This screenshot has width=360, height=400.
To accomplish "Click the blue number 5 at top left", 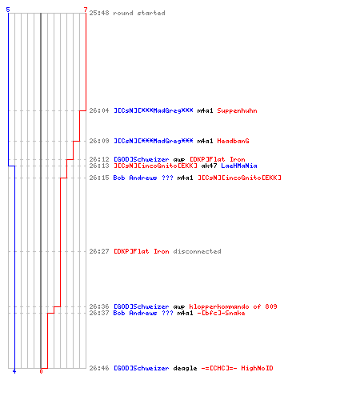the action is coord(8,10).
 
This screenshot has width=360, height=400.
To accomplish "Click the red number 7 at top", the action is coord(85,10).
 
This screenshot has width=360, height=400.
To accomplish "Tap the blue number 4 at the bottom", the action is coord(14,371).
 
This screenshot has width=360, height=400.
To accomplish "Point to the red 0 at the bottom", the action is coord(41,371).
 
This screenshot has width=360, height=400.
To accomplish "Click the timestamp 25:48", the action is coord(99,13).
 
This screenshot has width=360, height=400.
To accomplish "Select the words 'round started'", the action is coord(139,13).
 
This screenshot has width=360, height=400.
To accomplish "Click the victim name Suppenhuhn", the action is coord(237,110).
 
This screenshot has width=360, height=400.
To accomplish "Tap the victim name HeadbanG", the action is coord(233,141).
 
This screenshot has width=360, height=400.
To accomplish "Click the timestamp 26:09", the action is coord(99,141).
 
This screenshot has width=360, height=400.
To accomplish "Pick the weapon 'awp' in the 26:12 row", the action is coord(179,159).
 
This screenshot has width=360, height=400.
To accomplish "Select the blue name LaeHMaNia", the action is coord(239,166).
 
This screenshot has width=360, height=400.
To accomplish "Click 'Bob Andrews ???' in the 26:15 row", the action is coord(143,178).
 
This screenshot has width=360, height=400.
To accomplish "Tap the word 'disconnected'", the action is coord(197,251).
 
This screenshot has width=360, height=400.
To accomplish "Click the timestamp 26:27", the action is coord(99,251).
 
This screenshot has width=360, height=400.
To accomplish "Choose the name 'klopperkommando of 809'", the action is coord(233,306).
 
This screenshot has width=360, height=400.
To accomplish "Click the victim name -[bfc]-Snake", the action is coord(221,313).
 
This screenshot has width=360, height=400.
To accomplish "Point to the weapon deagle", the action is coord(185,368).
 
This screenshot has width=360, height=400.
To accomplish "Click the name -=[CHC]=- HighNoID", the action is coord(237,368).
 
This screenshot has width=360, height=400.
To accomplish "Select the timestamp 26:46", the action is coord(99,368).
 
